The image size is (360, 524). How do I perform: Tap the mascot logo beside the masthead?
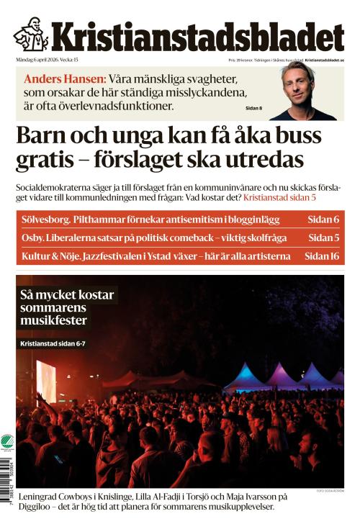[30, 34]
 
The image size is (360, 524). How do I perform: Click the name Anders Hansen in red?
[66, 79]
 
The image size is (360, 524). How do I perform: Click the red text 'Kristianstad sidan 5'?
[290, 196]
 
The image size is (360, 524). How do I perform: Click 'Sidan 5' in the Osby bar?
[323, 238]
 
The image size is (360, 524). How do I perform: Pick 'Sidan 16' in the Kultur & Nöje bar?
[321, 256]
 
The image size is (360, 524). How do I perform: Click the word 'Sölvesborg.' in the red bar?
[49, 220]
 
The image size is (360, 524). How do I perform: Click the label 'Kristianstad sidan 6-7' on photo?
[63, 345]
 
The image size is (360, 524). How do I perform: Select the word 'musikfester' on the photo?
[54, 320]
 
